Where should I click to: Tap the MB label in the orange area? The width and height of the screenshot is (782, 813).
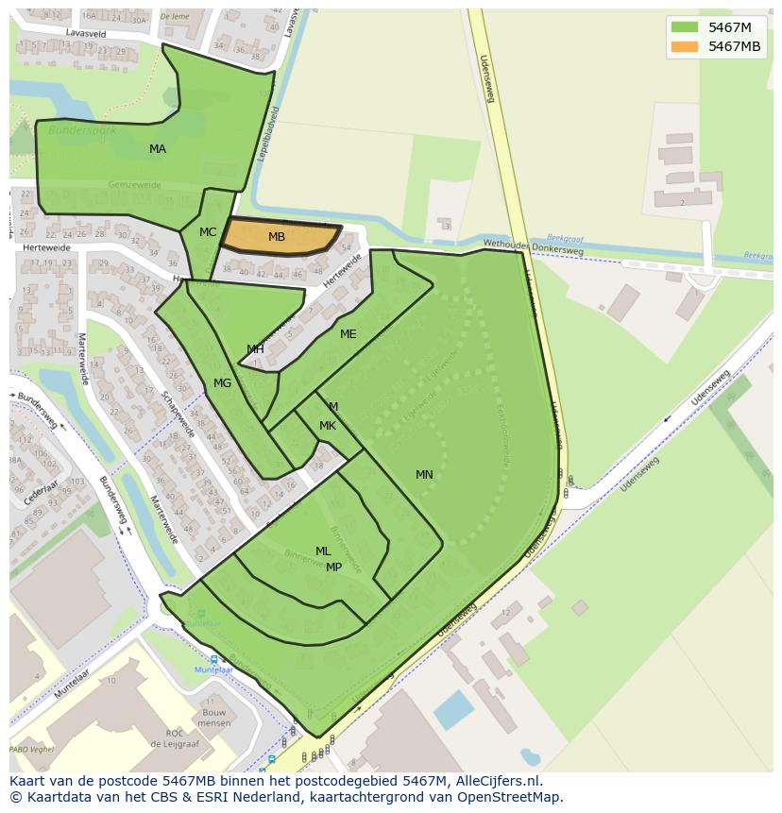click(277, 237)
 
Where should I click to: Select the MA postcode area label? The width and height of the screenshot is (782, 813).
click(158, 149)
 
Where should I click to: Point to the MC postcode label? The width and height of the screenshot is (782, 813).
click(208, 232)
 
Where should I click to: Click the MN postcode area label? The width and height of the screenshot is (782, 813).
click(424, 475)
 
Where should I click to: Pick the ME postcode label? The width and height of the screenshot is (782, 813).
click(348, 334)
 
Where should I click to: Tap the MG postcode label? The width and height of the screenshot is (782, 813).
click(222, 383)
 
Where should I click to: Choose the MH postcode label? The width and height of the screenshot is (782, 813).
click(255, 349)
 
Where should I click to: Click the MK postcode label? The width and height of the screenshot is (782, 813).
click(328, 426)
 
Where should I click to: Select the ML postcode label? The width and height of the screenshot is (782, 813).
click(323, 551)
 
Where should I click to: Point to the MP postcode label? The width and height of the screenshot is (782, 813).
click(333, 567)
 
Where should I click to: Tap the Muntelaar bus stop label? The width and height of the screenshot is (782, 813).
click(213, 669)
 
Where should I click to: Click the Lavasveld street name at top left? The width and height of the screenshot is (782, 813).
click(86, 33)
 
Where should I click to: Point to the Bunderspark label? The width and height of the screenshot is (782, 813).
click(82, 130)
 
